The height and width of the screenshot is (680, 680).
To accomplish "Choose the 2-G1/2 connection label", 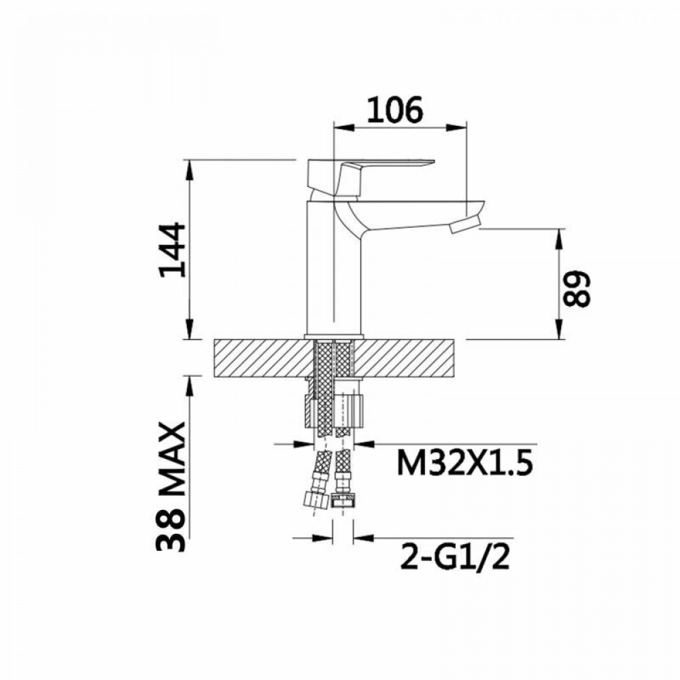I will [455, 559].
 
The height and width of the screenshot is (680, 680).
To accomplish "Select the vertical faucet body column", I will [321, 272].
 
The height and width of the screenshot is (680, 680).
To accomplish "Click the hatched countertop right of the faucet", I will [408, 358].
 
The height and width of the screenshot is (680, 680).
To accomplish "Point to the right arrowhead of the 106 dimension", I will [459, 126].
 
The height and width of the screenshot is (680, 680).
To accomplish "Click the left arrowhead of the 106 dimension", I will [341, 126].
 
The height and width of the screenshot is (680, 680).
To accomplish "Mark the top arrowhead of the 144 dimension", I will [188, 167].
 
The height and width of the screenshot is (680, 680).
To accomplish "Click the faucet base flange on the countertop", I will [333, 337].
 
